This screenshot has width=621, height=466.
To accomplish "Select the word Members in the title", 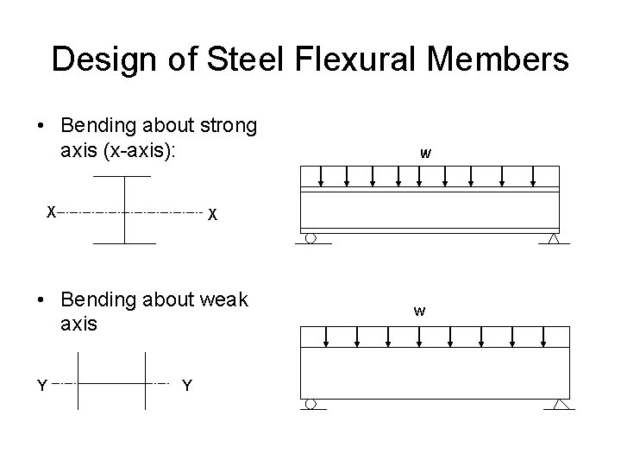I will pyautogui.click(x=498, y=60).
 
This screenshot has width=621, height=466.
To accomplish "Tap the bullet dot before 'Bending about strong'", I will pyautogui.click(x=41, y=127).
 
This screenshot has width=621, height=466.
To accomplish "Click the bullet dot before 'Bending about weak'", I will pyautogui.click(x=41, y=300).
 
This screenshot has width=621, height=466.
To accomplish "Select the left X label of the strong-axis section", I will pyautogui.click(x=52, y=211).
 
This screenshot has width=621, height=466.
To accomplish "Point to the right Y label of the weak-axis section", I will pyautogui.click(x=187, y=385).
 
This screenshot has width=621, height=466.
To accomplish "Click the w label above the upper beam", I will pyautogui.click(x=425, y=154).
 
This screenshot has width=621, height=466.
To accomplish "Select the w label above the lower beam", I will pyautogui.click(x=418, y=310).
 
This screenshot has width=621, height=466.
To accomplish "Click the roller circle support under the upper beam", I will pyautogui.click(x=310, y=237).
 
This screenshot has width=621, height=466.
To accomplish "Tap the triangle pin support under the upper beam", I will pyautogui.click(x=554, y=238).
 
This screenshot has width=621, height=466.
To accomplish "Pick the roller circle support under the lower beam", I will pyautogui.click(x=310, y=404).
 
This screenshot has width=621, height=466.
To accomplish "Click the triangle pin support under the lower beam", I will pyautogui.click(x=561, y=404).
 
